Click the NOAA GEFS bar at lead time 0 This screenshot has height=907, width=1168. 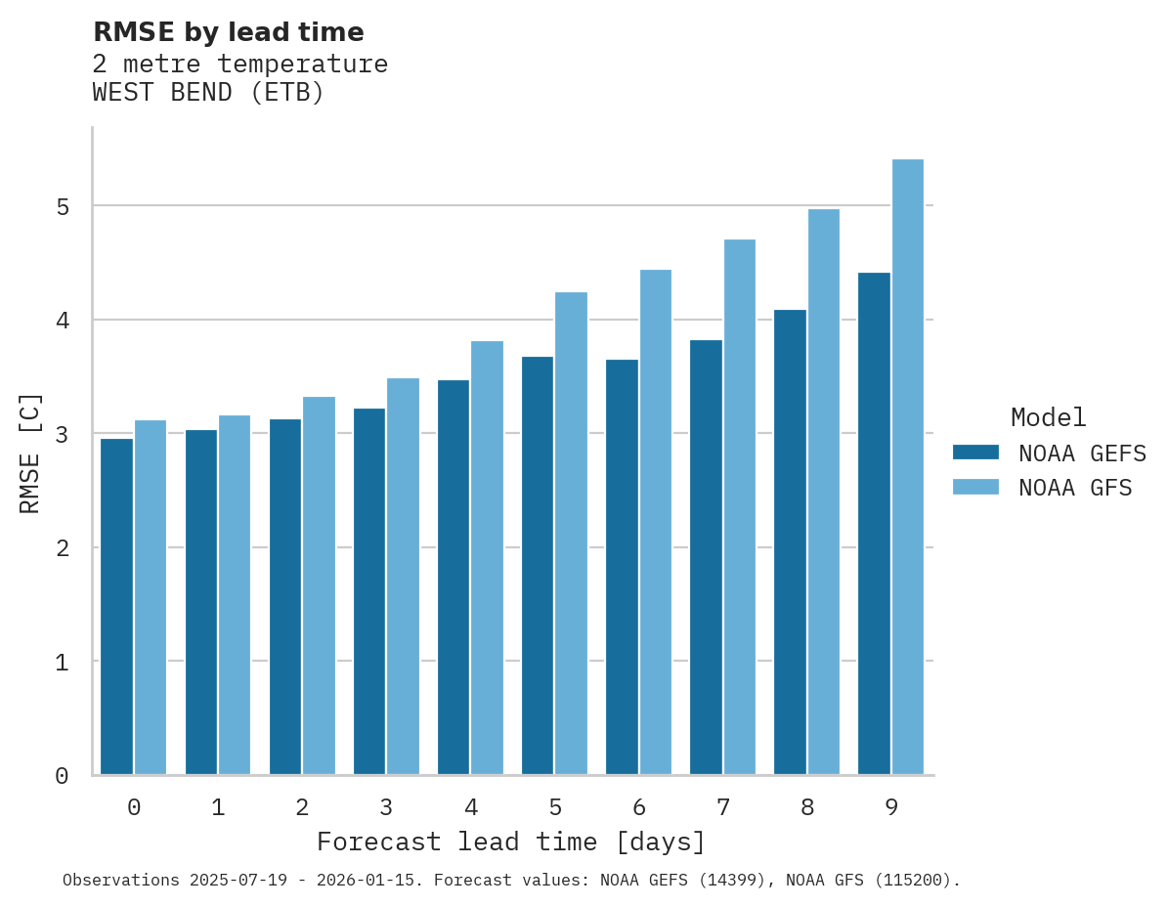[x=117, y=606]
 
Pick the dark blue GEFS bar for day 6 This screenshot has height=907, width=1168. [x=622, y=567]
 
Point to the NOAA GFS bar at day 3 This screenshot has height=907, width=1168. [x=404, y=577]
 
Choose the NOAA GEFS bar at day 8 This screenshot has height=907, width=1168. [x=790, y=542]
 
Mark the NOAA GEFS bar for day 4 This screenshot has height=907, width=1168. [x=454, y=577]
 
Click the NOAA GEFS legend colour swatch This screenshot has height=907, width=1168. [x=975, y=453]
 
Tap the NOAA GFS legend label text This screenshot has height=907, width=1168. [x=1075, y=488]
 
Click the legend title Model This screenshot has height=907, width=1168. [x=1048, y=418]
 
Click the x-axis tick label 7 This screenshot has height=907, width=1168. [x=723, y=807]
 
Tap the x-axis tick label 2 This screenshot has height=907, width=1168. [x=303, y=807]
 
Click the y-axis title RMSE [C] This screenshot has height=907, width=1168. [x=30, y=452]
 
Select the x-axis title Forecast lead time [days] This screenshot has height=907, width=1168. [x=511, y=842]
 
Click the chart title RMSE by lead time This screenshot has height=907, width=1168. [x=229, y=32]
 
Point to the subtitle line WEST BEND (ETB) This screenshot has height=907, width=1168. [x=208, y=93]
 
